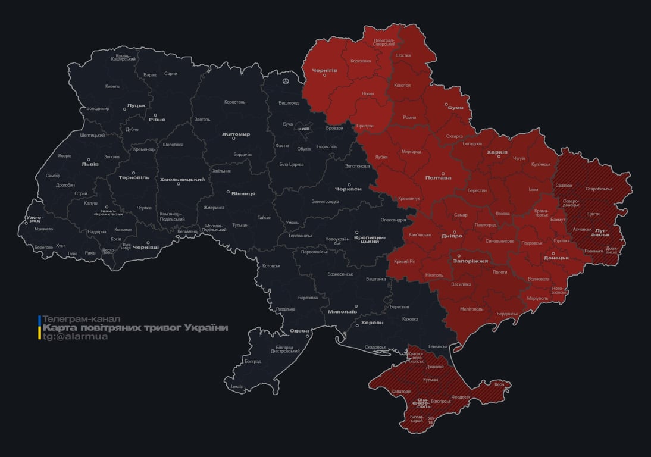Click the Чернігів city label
(324, 70)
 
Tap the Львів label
(90, 165)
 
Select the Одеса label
(299, 331)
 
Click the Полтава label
(438, 177)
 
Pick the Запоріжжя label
(471, 261)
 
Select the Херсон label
(373, 322)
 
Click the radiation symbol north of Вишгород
(286, 80)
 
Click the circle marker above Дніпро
(455, 232)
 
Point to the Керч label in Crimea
(499, 384)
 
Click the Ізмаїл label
(237, 386)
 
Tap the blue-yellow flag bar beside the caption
(39, 328)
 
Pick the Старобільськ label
(599, 189)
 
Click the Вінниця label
(243, 193)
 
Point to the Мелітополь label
(472, 309)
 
